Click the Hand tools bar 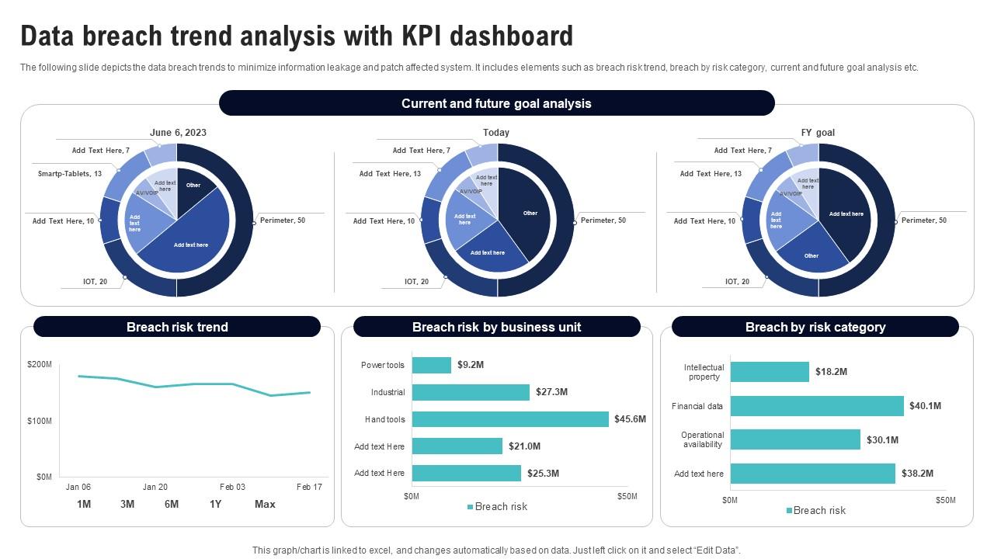coord(510,419)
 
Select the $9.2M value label coord(471,364)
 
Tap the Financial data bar coord(817,406)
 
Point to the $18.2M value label coord(831,372)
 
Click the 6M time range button coord(172,504)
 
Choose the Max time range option coord(265,504)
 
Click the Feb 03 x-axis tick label coord(232,487)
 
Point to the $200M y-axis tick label coord(40,364)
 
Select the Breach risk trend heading coord(177,327)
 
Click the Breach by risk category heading coord(815,327)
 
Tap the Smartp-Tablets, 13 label coord(70,174)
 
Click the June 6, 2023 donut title coord(178,133)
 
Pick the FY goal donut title coord(818,133)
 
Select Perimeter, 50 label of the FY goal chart coord(924,220)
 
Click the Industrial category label coord(388,392)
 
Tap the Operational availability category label coord(702,439)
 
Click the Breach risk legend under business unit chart coord(497,507)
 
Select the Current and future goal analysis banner coord(496,103)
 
